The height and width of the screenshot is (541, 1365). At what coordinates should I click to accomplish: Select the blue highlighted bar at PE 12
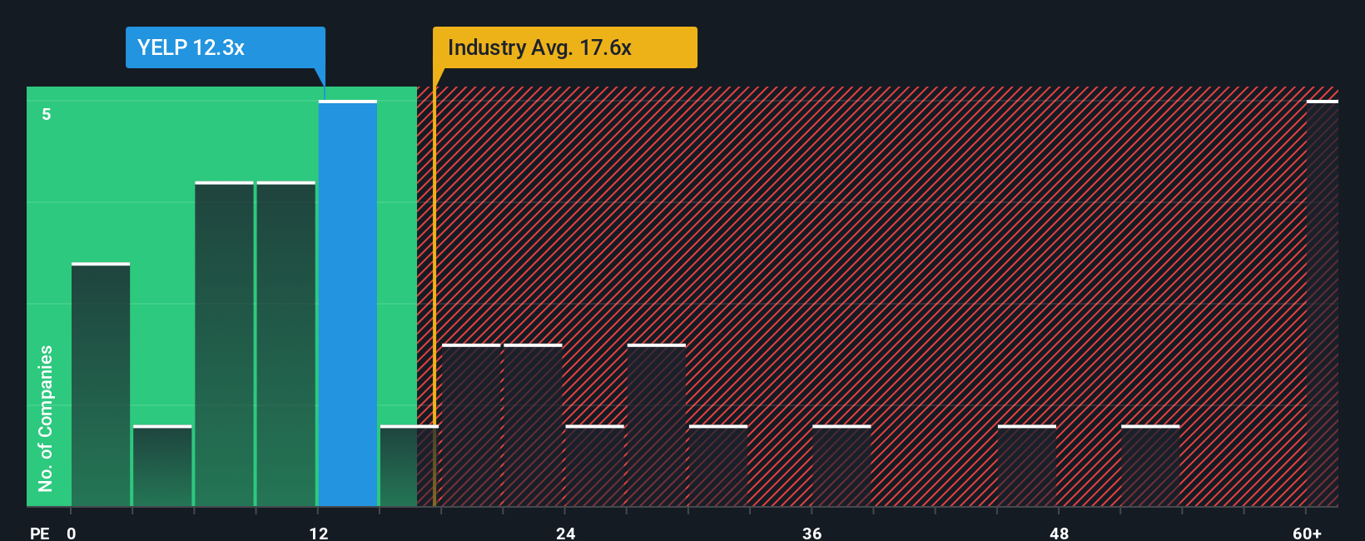pyautogui.click(x=348, y=304)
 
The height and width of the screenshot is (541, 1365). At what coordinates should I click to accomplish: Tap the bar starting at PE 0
pyautogui.click(x=101, y=385)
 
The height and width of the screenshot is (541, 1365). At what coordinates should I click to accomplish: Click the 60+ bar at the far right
pyautogui.click(x=1322, y=304)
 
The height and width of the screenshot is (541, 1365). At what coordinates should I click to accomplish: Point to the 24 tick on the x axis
pyautogui.click(x=565, y=533)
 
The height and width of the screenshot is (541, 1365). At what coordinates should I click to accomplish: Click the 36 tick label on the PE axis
pyautogui.click(x=812, y=533)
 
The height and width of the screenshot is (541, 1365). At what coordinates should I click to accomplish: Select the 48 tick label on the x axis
pyautogui.click(x=1059, y=533)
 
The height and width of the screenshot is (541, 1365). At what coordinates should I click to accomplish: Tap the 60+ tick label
pyautogui.click(x=1307, y=533)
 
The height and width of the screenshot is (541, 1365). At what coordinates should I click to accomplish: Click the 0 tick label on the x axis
pyautogui.click(x=72, y=533)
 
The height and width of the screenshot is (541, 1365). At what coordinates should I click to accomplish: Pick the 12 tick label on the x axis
pyautogui.click(x=318, y=533)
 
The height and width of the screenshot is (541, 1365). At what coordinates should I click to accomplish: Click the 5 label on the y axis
pyautogui.click(x=47, y=114)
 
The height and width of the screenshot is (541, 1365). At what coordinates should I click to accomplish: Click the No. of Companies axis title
pyautogui.click(x=46, y=418)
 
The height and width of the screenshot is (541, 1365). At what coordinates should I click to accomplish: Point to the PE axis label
pyautogui.click(x=39, y=533)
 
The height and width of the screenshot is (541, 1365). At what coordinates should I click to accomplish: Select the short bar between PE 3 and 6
pyautogui.click(x=162, y=466)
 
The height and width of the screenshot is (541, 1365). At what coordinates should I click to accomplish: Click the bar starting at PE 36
pyautogui.click(x=841, y=466)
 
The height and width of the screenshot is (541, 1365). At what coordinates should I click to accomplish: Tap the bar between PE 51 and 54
pyautogui.click(x=1150, y=466)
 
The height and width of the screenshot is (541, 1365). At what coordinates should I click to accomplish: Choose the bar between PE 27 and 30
pyautogui.click(x=657, y=425)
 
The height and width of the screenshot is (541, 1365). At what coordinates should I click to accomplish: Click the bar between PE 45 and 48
pyautogui.click(x=1027, y=466)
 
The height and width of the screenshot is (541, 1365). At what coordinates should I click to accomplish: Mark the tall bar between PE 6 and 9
pyautogui.click(x=225, y=344)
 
